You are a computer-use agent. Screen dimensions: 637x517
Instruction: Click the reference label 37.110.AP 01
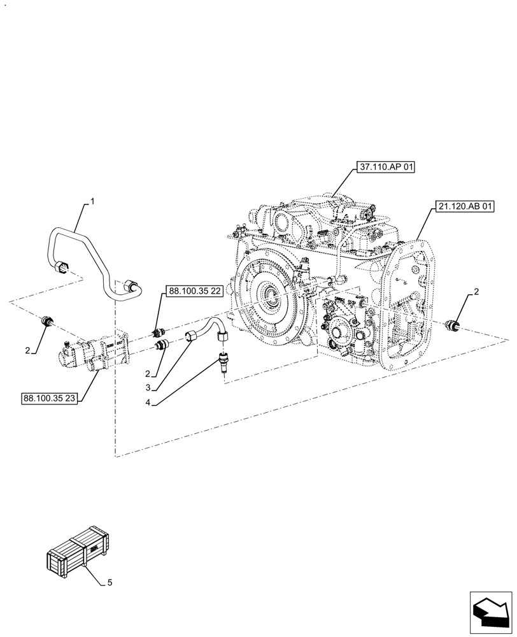386,168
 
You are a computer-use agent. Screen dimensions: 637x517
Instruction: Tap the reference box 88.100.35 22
194,291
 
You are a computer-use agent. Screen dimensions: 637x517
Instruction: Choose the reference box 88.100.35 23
50,398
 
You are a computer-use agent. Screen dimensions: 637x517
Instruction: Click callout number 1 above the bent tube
92,201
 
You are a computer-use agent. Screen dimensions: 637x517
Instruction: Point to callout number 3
148,387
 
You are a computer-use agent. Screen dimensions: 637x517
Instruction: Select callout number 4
148,402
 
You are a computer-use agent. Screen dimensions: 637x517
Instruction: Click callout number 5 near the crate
109,582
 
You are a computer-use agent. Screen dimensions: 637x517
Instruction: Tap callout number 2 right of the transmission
477,292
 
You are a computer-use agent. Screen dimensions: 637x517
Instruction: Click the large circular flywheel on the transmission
271,296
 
